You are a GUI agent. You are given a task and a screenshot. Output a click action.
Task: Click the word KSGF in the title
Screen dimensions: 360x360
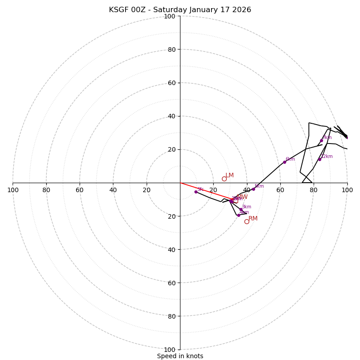click(x=119, y=10)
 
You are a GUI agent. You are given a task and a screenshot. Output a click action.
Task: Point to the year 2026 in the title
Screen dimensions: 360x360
click(x=241, y=10)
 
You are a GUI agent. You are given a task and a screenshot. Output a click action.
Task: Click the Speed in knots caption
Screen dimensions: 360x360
click(x=180, y=356)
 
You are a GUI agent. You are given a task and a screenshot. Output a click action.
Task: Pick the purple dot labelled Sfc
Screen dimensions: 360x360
click(x=196, y=192)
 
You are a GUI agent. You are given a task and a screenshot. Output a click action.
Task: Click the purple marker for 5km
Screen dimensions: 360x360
click(x=253, y=189)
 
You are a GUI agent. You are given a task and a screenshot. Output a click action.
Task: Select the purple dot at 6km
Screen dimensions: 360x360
click(x=284, y=162)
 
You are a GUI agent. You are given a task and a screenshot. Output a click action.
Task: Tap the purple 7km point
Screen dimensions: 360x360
click(x=321, y=140)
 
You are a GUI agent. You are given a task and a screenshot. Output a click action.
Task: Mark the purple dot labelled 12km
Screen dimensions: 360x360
click(x=320, y=159)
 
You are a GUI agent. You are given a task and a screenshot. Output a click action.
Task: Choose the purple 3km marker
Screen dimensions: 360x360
click(x=241, y=210)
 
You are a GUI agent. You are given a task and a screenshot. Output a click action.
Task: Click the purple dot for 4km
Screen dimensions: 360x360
click(x=238, y=215)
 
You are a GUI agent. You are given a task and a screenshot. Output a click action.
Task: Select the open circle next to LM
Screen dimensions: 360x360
click(x=224, y=179)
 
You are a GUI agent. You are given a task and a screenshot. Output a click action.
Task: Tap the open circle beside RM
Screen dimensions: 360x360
click(x=247, y=221)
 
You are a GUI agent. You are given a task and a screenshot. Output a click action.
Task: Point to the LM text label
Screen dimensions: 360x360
click(x=229, y=175)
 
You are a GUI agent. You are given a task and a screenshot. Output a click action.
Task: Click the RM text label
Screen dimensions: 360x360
click(x=253, y=218)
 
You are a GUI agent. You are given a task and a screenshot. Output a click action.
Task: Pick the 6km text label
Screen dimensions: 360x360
click(x=290, y=159)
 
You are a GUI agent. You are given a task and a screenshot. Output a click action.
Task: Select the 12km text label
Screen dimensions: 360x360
click(x=327, y=156)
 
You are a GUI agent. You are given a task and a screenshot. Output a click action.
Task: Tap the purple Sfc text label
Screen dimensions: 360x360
click(x=201, y=189)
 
